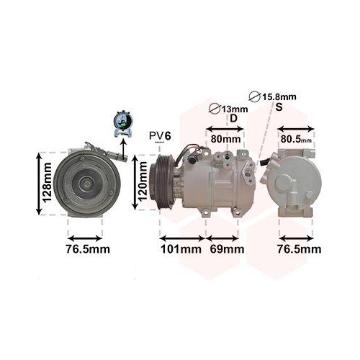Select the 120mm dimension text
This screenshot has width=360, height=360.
(x=143, y=183)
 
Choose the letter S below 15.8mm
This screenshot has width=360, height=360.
(x=279, y=107)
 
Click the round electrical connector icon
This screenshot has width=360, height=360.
(x=122, y=123)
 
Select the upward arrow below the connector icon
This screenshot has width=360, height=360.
(x=122, y=145)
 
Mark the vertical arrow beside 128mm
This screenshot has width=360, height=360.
(x=37, y=183)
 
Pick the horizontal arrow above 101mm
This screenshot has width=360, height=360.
(x=181, y=237)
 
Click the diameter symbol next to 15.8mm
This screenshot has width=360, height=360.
(x=253, y=96)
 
